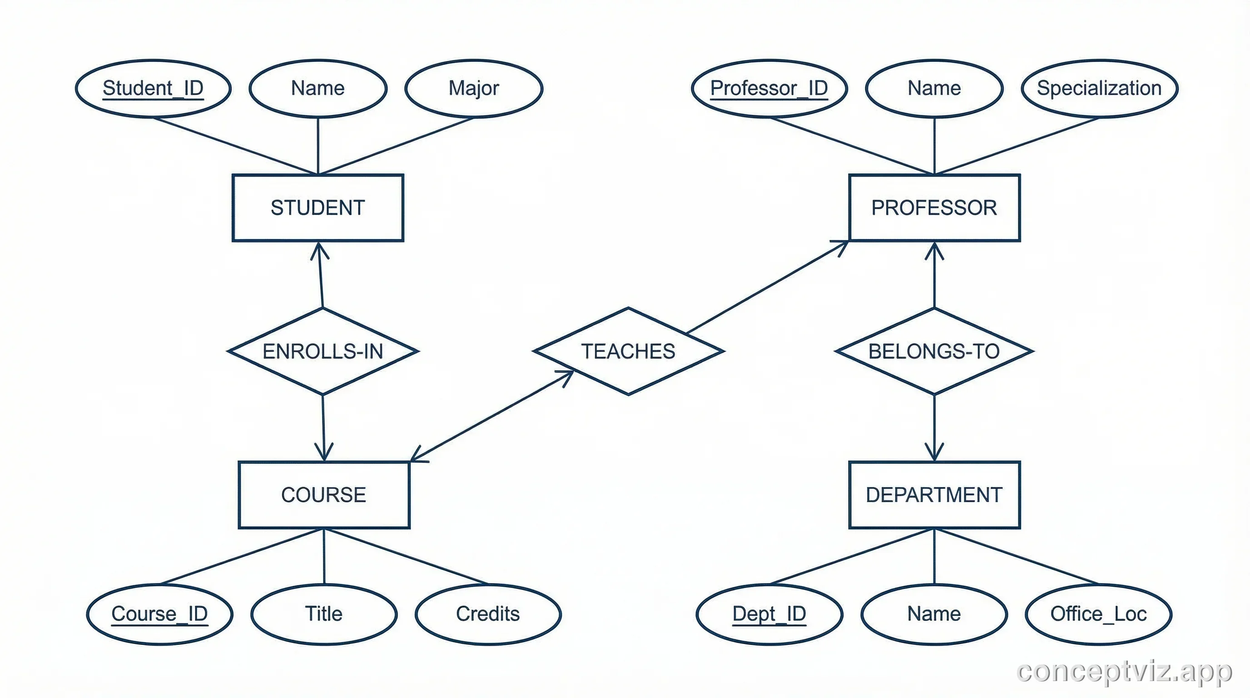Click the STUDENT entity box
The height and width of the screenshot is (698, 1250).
click(x=318, y=208)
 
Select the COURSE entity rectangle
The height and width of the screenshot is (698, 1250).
click(x=324, y=494)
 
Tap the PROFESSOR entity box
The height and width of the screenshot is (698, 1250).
click(x=934, y=208)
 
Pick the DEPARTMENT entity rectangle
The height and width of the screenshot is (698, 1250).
click(x=934, y=494)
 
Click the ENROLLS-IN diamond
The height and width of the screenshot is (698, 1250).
click(x=322, y=351)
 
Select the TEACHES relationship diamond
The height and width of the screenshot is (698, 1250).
click(x=628, y=351)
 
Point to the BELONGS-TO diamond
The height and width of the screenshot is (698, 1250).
click(x=934, y=351)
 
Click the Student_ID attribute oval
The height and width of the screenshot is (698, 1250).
click(x=153, y=88)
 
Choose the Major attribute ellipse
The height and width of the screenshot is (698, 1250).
click(x=474, y=88)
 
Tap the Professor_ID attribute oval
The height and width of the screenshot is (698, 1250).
click(x=769, y=88)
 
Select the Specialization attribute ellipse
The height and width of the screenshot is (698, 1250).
click(x=1099, y=88)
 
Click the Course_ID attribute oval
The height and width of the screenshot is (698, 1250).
click(x=159, y=614)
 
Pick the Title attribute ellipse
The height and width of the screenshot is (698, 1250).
click(x=324, y=614)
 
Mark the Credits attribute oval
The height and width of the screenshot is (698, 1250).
click(x=488, y=614)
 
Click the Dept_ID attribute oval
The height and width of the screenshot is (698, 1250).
click(x=769, y=614)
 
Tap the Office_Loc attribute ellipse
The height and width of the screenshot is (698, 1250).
click(x=1098, y=614)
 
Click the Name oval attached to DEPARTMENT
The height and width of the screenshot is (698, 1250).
click(x=934, y=614)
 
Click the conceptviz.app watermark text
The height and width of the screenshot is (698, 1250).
click(x=1124, y=672)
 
